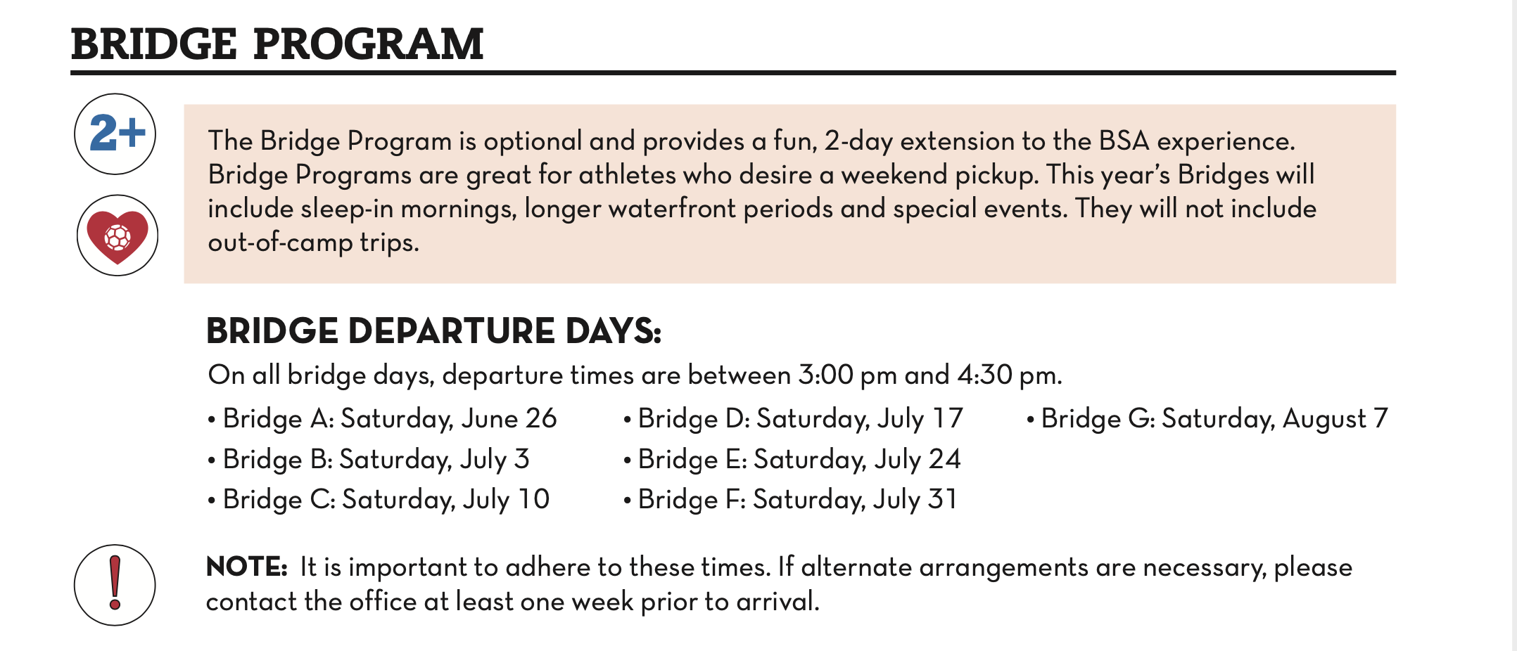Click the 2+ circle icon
tap(115, 134)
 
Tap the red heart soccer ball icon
tap(118, 236)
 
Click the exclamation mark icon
tap(115, 585)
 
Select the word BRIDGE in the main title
tap(154, 44)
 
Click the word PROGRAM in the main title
tap(368, 44)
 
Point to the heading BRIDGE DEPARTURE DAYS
tap(434, 330)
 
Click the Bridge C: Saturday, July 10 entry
tap(379, 500)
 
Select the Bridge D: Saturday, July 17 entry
tap(793, 419)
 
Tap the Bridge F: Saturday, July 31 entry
tap(790, 500)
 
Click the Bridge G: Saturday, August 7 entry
tap(1207, 419)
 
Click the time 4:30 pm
tap(1009, 375)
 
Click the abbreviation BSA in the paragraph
tap(1124, 141)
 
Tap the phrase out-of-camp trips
tap(313, 243)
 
